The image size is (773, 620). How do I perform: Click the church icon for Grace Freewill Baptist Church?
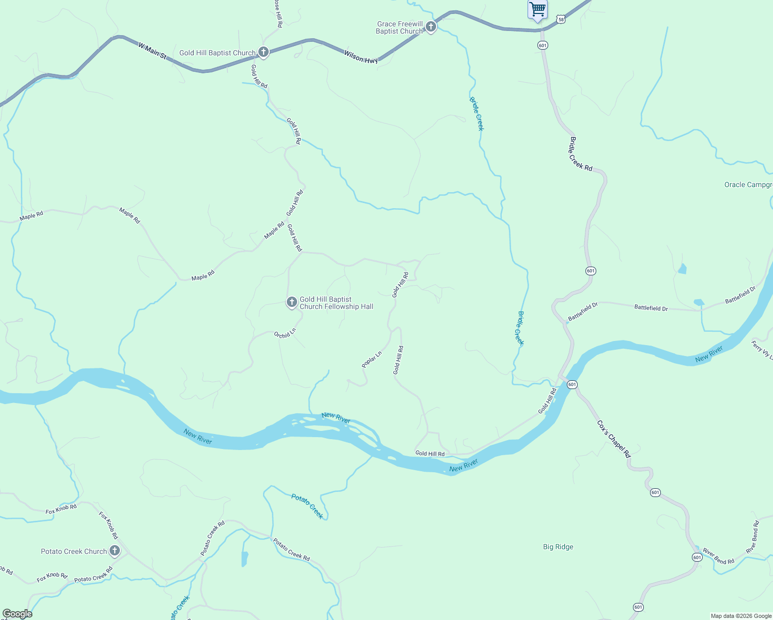click(x=431, y=27)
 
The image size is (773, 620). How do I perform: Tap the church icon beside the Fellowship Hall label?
click(x=291, y=302)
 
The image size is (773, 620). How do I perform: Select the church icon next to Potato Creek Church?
click(x=115, y=551)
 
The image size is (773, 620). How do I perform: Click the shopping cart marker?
click(x=537, y=10)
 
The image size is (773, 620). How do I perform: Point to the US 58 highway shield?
click(x=561, y=20)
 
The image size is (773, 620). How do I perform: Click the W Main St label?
click(x=152, y=51)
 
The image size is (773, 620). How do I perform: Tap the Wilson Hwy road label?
click(x=361, y=57)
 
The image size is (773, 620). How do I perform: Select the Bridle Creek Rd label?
click(x=580, y=154)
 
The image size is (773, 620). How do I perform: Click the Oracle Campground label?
click(x=748, y=185)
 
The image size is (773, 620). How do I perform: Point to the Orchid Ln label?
click(x=285, y=333)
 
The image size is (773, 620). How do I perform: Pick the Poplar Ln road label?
click(x=372, y=359)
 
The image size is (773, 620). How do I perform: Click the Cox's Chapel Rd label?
click(x=614, y=439)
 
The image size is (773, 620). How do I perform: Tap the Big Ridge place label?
click(x=558, y=547)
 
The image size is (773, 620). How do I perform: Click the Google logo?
click(x=17, y=614)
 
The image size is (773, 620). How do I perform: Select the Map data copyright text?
click(x=741, y=616)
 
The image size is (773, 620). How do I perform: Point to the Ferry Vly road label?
click(x=762, y=350)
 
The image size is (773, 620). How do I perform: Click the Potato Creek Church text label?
click(x=74, y=551)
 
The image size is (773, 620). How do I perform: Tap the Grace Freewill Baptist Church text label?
click(x=399, y=27)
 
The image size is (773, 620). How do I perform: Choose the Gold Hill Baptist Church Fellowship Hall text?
click(x=336, y=303)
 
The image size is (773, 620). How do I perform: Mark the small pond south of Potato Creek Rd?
click(x=244, y=558)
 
